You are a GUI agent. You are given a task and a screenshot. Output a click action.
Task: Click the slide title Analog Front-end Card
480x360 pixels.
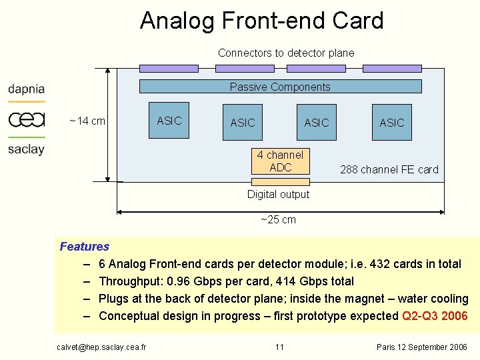click(x=261, y=21)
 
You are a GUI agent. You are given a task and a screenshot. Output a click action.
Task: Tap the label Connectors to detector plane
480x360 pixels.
click(x=286, y=53)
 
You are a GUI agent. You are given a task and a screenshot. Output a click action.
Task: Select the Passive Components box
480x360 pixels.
click(x=280, y=86)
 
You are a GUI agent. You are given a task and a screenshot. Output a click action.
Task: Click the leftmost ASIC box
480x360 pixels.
click(x=169, y=121)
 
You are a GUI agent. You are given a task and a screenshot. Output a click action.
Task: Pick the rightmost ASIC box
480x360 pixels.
click(x=392, y=122)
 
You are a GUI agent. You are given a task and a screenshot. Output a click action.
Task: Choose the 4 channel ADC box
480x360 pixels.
click(x=281, y=161)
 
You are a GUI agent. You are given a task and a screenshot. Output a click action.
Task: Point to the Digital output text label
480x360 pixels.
click(x=278, y=194)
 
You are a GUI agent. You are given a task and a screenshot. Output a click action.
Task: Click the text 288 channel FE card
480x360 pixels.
click(x=389, y=169)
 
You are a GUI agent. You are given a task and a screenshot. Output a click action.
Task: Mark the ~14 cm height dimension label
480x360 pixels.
click(x=87, y=121)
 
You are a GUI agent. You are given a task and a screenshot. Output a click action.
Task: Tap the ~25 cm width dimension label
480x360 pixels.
click(x=278, y=219)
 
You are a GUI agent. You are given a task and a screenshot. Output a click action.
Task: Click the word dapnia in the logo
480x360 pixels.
click(x=27, y=89)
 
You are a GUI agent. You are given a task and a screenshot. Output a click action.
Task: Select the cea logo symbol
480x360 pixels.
click(x=27, y=119)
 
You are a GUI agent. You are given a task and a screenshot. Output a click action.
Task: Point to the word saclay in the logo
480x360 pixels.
click(x=27, y=149)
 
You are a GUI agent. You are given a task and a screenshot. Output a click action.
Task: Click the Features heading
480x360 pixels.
click(x=85, y=247)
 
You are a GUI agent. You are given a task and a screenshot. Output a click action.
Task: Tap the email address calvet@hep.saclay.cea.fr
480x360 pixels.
click(x=101, y=347)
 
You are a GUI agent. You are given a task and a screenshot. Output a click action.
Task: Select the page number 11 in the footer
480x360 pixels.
click(x=279, y=347)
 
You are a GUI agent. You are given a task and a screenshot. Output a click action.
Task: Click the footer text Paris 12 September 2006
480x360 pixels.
click(x=422, y=347)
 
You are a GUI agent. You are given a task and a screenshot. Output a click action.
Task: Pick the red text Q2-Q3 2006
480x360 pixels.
click(x=435, y=316)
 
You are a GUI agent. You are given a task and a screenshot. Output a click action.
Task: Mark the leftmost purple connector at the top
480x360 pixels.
click(x=169, y=68)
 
